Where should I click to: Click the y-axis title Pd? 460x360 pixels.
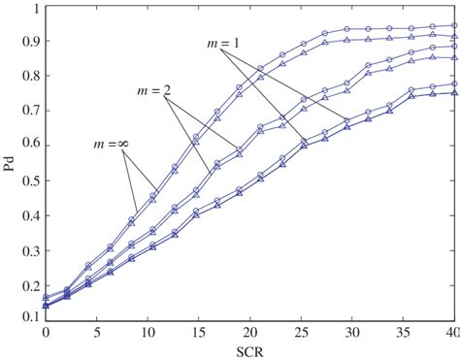click(x=10, y=161)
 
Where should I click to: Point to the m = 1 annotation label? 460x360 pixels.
click(x=224, y=44)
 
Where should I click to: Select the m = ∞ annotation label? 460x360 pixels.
click(x=110, y=146)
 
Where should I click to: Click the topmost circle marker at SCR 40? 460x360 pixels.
click(x=453, y=26)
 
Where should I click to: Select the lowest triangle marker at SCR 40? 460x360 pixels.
click(x=453, y=93)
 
